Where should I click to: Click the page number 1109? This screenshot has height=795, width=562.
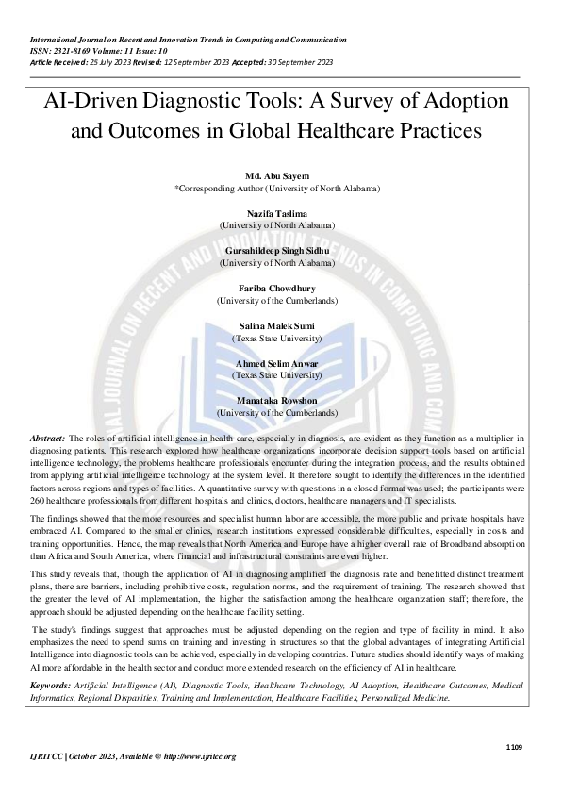tap(514, 746)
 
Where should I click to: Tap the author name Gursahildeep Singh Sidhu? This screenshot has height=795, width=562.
tap(277, 251)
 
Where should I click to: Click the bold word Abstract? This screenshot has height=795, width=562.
tap(47, 439)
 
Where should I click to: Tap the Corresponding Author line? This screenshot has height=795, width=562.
tap(277, 188)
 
